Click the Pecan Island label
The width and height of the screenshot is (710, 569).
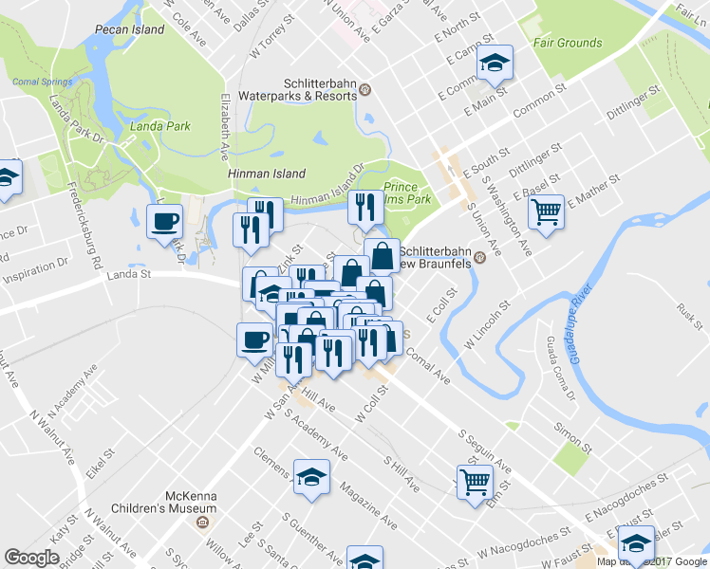(130, 29)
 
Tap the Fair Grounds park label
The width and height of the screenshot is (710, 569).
(568, 43)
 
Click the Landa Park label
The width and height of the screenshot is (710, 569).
(157, 126)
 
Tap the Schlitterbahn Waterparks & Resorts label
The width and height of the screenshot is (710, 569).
(318, 89)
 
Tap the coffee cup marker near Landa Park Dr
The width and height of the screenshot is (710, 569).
(165, 222)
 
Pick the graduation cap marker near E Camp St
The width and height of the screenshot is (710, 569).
(494, 64)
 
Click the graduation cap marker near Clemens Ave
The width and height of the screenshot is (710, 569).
(310, 478)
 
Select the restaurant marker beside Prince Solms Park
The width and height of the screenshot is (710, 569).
(364, 206)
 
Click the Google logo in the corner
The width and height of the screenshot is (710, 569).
(31, 558)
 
